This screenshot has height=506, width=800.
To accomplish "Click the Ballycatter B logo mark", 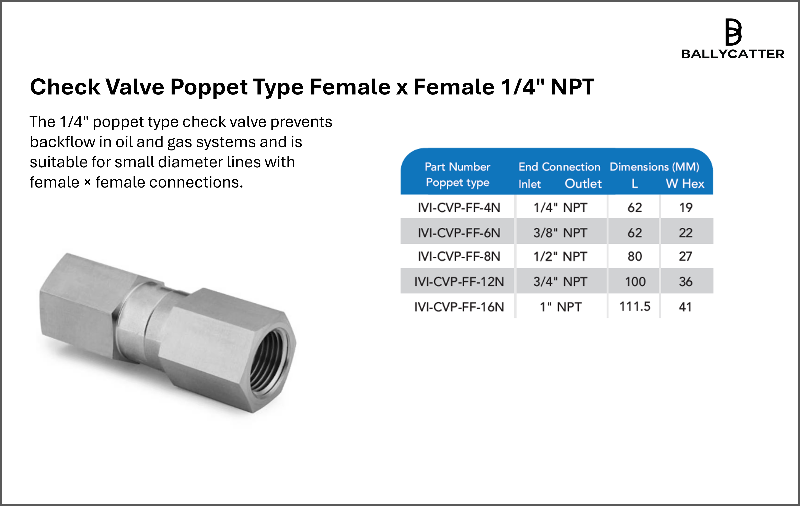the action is coord(733,32).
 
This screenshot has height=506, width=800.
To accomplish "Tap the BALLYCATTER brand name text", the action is coord(733,54).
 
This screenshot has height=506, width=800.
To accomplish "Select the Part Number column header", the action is coord(457,167).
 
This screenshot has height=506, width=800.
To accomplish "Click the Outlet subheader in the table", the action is coord(583,183).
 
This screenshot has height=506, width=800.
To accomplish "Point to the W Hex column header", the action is coord(685,183).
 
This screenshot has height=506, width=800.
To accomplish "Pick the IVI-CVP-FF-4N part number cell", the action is coord(459,207).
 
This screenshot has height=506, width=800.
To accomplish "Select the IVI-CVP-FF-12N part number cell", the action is coord(459,282).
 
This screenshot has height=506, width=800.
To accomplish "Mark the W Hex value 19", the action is coord(686,207).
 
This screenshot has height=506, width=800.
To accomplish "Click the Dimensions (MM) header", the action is coord(654,167).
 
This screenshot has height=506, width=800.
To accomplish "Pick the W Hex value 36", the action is coord(686,282).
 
